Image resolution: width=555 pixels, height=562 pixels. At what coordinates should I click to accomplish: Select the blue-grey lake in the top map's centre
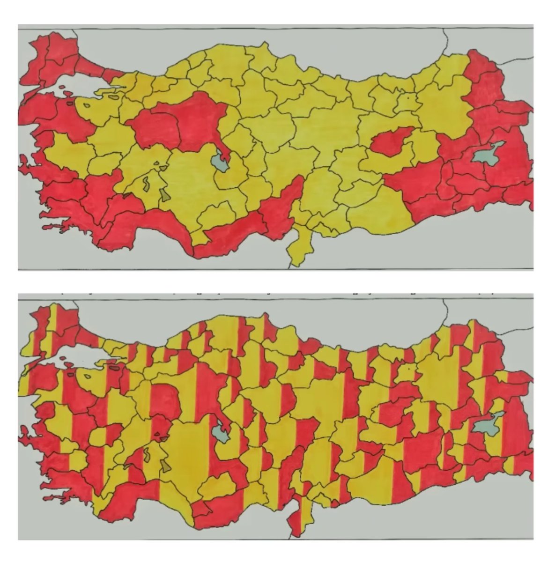[x=218, y=162]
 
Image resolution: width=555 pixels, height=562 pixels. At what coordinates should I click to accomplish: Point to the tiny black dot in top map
[x=409, y=98]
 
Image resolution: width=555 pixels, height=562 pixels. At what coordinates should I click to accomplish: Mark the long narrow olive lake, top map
[x=146, y=183]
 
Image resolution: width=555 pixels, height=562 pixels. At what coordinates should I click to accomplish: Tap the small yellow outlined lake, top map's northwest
[x=86, y=104]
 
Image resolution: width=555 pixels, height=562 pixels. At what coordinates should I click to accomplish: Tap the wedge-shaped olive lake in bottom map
[x=165, y=466]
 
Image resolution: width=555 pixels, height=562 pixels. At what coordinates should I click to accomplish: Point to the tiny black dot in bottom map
[x=409, y=369]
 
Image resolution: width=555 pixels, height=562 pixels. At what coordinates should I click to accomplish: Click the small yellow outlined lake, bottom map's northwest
[x=86, y=375]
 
